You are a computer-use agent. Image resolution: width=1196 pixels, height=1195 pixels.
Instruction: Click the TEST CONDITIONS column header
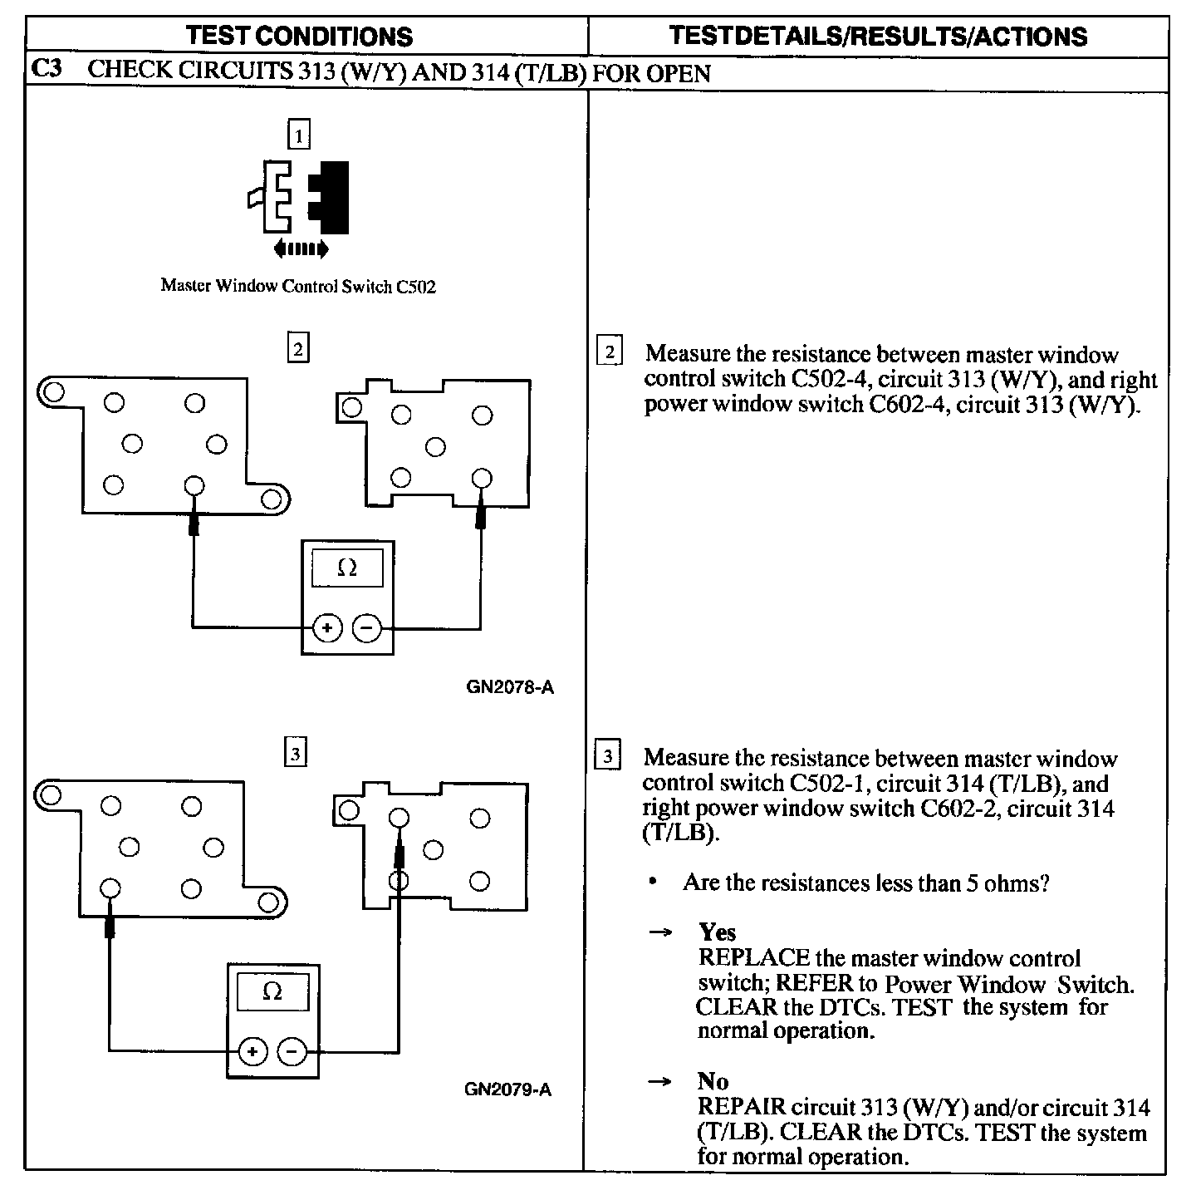[x=299, y=36]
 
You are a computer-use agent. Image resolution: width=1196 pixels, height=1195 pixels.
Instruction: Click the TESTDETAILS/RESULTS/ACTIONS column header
[x=877, y=36]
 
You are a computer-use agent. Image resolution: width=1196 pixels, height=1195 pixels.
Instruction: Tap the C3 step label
[x=46, y=70]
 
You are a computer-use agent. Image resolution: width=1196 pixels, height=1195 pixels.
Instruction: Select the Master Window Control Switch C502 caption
[x=298, y=287]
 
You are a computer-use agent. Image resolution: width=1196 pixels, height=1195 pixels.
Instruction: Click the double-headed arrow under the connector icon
[x=301, y=248]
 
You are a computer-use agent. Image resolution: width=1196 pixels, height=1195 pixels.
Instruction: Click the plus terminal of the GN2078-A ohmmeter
[x=327, y=628]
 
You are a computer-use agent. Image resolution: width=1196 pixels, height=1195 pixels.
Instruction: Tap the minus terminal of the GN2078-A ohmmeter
[x=367, y=628]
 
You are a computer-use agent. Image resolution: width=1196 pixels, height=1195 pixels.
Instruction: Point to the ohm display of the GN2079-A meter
[x=272, y=991]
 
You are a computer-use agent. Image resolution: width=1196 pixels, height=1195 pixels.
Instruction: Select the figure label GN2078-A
[x=509, y=687]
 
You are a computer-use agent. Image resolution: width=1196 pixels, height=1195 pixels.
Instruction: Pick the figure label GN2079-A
[x=507, y=1089]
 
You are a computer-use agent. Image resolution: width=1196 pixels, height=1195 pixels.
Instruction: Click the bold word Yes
[x=717, y=932]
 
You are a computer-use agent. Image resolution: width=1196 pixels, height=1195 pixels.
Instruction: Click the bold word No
[x=713, y=1081]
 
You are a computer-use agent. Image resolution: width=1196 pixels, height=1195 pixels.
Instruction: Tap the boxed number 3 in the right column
[x=608, y=756]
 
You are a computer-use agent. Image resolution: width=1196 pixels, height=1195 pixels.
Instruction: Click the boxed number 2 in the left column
[x=297, y=347]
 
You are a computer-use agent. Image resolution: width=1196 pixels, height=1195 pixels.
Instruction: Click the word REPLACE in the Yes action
[x=754, y=958]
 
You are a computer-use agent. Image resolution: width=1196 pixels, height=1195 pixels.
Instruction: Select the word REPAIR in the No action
[x=742, y=1108]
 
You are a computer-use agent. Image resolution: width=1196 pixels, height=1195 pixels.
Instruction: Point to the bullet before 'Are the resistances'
[x=655, y=883]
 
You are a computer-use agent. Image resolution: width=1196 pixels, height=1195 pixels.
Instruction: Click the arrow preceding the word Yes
[x=659, y=932]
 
